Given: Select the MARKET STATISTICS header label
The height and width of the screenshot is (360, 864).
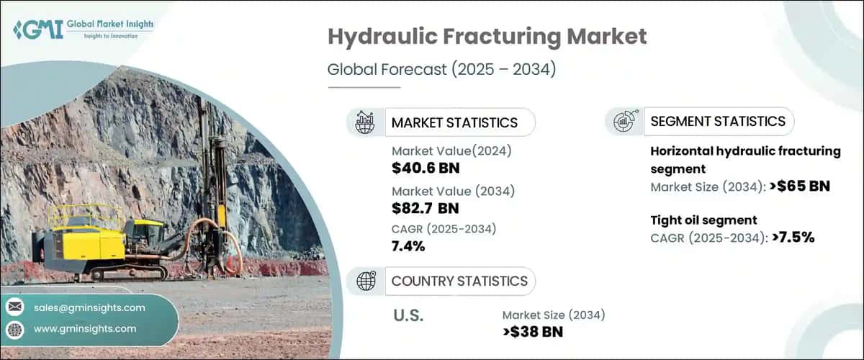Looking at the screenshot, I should (454, 122).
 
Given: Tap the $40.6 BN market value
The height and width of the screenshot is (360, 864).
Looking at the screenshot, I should (426, 168).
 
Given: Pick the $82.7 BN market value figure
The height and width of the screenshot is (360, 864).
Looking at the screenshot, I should (426, 209).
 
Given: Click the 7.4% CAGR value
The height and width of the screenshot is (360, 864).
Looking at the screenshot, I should (408, 247).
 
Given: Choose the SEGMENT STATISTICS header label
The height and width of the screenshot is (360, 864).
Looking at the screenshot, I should (718, 122).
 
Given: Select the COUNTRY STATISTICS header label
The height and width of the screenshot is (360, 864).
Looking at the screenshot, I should (459, 281).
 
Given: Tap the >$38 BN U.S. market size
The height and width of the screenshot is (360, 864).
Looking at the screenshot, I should (533, 332).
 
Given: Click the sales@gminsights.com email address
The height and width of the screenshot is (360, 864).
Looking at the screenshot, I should (89, 307).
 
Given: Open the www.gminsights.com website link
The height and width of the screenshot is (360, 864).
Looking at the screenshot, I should (85, 328).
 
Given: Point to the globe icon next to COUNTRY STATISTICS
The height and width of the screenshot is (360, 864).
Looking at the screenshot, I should (366, 281).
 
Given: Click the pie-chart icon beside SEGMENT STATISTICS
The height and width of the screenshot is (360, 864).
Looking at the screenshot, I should (624, 122).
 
